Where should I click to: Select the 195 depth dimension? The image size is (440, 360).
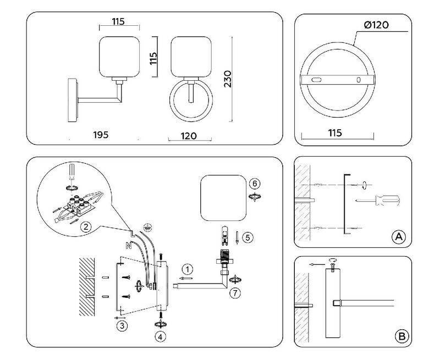(101, 135)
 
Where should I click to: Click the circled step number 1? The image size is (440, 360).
(188, 269)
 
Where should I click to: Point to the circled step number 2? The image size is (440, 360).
(85, 226)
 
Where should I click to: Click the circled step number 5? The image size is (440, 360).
(248, 237)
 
